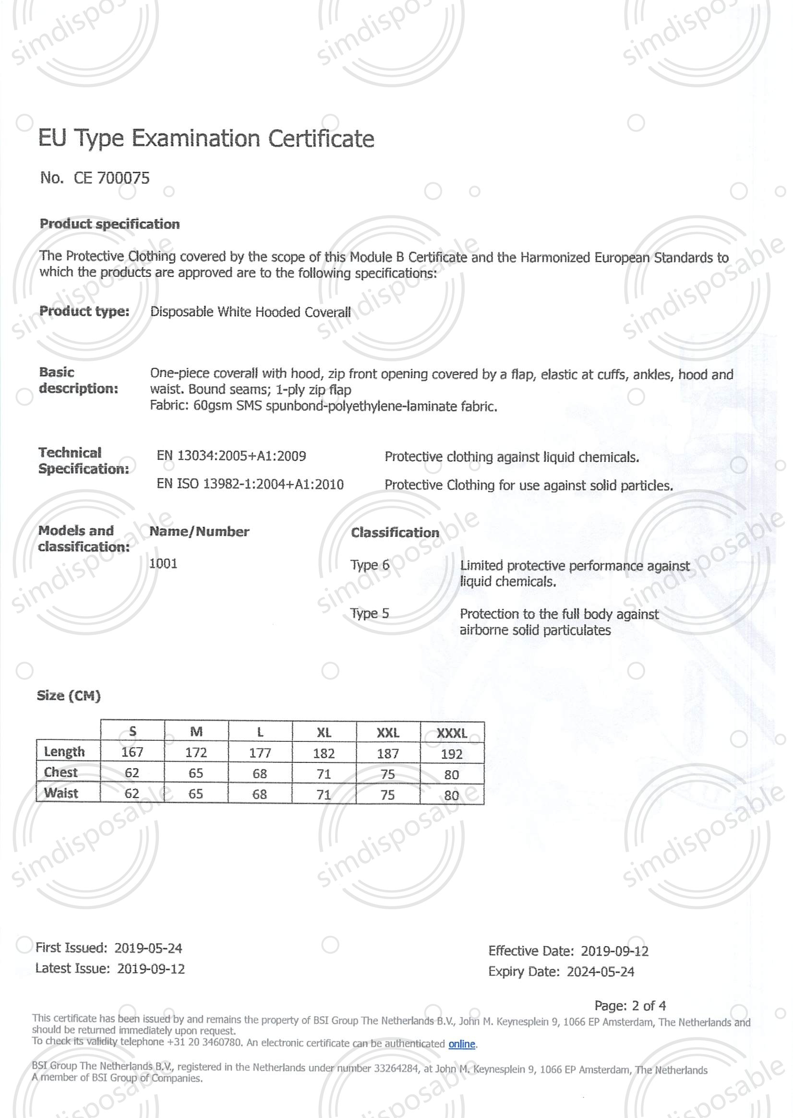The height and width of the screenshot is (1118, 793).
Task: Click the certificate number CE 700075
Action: click(111, 178)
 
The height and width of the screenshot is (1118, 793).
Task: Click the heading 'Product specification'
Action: click(109, 224)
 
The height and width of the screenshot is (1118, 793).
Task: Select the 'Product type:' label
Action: click(84, 311)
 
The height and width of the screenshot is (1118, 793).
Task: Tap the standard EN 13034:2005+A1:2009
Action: click(231, 456)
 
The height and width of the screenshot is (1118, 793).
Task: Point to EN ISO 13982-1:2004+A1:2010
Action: click(250, 484)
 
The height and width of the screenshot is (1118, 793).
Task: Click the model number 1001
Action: click(163, 564)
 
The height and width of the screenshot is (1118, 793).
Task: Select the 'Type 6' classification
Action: click(369, 565)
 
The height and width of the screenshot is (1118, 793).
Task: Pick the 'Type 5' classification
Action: click(369, 613)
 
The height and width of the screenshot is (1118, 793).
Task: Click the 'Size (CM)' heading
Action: click(68, 695)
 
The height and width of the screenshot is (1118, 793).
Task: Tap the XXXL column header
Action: click(452, 733)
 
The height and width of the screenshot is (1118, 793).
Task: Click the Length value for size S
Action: click(132, 752)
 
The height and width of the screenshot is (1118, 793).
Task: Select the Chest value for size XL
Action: click(324, 773)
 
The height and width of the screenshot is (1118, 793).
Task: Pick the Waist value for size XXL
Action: click(388, 795)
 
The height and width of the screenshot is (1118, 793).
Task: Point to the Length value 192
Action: click(452, 753)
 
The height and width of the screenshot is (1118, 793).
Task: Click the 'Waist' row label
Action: click(61, 793)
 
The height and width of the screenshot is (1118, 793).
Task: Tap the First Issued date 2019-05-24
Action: click(148, 948)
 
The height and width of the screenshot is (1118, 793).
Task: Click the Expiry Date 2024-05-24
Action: click(600, 971)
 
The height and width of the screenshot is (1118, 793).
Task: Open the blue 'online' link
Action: click(461, 1044)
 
